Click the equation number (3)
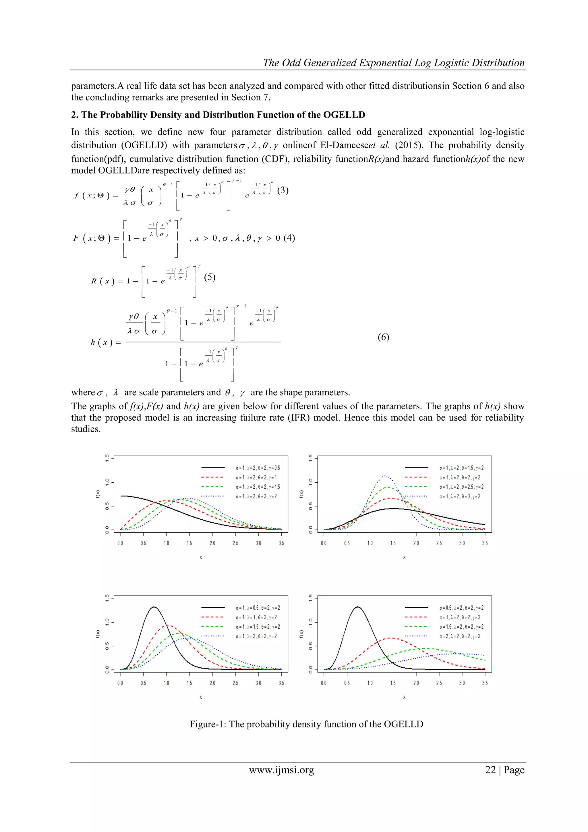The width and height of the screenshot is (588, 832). (283, 190)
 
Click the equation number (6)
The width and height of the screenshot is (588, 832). (383, 337)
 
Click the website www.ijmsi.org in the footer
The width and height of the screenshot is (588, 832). (281, 770)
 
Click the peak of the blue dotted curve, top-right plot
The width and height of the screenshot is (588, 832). (386, 476)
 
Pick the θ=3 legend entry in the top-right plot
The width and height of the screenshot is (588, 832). (460, 496)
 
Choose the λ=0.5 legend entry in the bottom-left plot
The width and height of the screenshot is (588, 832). (258, 608)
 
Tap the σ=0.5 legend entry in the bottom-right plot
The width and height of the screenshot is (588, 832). (461, 608)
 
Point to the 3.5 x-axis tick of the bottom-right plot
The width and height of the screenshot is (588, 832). (485, 683)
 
